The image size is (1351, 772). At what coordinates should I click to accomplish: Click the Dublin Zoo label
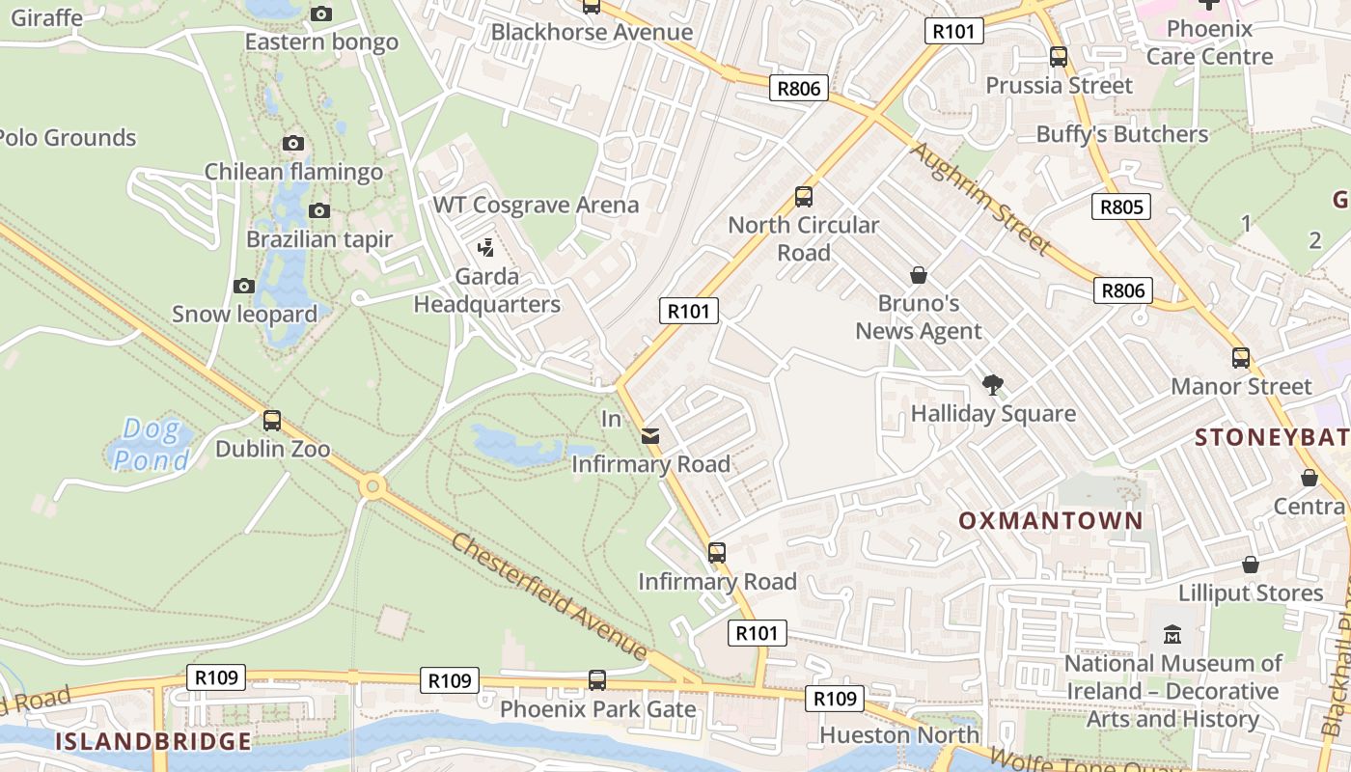[x=272, y=449]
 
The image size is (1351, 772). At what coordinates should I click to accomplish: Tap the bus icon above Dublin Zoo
[x=272, y=421]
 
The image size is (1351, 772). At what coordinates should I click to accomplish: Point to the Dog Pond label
[x=152, y=445]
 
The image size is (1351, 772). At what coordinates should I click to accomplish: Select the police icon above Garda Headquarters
[x=486, y=248]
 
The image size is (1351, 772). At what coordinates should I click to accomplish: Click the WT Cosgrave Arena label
[x=536, y=205]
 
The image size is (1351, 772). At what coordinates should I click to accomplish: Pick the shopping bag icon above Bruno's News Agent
[x=919, y=276]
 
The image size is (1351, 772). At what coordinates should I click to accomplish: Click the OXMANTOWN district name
[x=1050, y=521]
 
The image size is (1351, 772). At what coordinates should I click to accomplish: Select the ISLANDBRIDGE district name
[x=152, y=741]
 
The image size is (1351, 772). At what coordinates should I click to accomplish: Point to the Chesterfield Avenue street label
[x=548, y=595]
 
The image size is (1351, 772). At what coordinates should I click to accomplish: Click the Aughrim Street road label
[x=979, y=198]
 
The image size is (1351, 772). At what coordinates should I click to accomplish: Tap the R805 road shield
[x=1121, y=207]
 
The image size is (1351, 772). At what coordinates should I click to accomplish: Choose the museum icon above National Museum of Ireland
[x=1172, y=635]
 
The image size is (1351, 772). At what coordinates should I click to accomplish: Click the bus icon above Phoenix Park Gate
[x=597, y=680]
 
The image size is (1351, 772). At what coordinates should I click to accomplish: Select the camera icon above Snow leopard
[x=244, y=286]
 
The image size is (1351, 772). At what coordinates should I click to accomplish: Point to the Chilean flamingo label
[x=293, y=173]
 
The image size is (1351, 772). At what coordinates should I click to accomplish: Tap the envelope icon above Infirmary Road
[x=650, y=436]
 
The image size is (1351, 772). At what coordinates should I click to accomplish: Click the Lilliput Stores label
[x=1251, y=593]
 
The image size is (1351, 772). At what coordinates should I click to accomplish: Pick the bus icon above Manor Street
[x=1241, y=358]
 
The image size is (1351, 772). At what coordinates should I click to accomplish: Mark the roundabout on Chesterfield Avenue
[x=372, y=486]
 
